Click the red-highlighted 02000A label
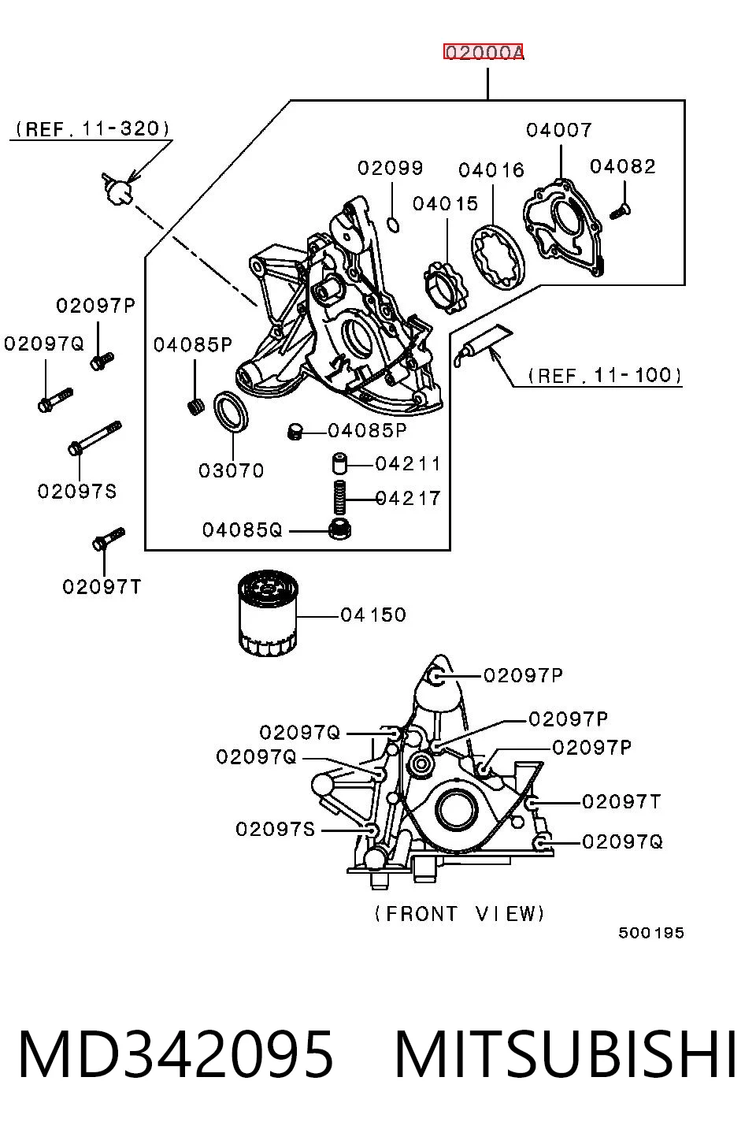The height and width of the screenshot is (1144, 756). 484,51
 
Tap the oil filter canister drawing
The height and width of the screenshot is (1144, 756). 268,614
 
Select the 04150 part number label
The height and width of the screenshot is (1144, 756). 373,615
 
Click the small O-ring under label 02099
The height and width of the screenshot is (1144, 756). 392,225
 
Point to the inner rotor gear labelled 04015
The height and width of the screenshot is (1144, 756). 445,287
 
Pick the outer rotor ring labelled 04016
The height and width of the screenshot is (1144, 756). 498,257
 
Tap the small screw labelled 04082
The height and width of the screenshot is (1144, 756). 621,210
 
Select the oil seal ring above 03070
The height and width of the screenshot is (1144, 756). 232,411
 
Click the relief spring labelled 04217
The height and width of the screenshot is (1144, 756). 339,497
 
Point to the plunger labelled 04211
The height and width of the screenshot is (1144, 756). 339,464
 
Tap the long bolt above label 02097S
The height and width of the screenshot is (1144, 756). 94,438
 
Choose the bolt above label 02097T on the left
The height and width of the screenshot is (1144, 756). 109,539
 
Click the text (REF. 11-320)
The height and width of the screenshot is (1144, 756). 92,128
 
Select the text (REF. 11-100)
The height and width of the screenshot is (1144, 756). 605,375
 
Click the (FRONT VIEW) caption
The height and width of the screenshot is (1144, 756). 459,913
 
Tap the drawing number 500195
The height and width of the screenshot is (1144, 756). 650,933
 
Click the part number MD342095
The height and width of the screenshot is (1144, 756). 176,1054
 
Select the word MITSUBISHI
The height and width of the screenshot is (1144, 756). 565,1054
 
